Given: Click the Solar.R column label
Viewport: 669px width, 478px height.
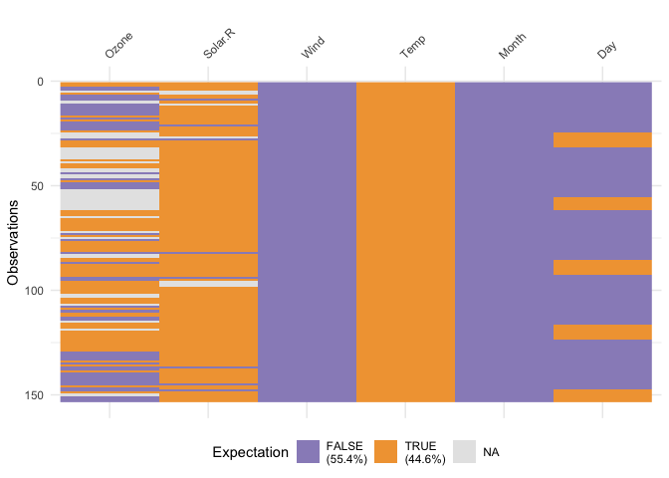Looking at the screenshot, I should coord(218,50).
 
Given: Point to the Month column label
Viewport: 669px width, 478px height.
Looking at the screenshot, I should coord(512,50).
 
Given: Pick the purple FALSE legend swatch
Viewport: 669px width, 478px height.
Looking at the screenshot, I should coord(309,452).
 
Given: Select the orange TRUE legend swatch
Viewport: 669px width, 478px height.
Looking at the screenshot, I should coord(386,452).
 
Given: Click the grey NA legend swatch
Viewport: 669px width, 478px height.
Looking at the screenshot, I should coord(465,452).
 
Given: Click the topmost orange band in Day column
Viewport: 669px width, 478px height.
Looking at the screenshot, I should coord(602,139).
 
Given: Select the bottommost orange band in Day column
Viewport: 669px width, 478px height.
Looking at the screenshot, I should coord(602,395).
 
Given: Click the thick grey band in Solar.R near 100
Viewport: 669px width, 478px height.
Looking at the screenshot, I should coord(208,284).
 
